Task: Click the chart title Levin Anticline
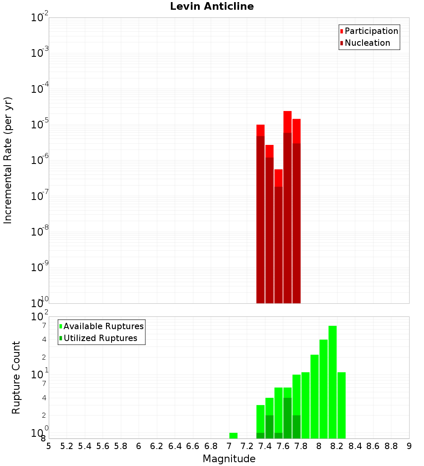tap(212, 7)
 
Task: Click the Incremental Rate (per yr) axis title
tap(8, 160)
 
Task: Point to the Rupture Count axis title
tap(16, 377)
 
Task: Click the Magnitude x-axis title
tap(229, 459)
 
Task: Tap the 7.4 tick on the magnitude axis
tap(265, 446)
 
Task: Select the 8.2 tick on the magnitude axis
tap(337, 446)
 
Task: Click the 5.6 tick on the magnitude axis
tap(103, 446)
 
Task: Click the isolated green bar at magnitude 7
tap(233, 435)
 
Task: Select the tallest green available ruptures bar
tap(332, 381)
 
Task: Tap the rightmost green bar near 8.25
tap(341, 405)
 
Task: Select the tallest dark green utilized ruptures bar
tap(287, 418)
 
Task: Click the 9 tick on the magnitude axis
tap(409, 446)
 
